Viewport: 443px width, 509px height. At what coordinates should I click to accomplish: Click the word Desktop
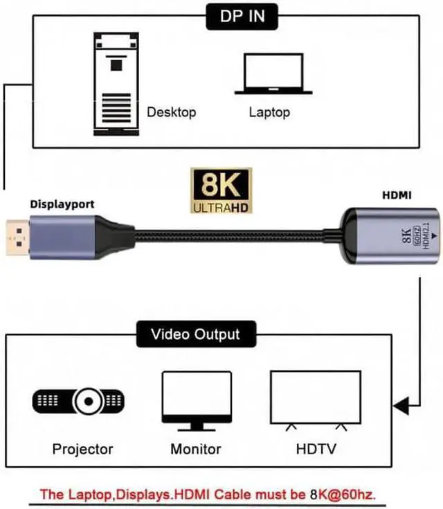[x=172, y=111]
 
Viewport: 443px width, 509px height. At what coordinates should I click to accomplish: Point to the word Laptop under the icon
[x=269, y=111]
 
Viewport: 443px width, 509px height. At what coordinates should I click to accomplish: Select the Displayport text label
[x=62, y=204]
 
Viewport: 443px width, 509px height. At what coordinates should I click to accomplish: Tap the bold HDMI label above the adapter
[x=397, y=197]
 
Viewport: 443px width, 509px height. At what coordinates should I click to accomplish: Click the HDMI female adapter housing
[x=391, y=238]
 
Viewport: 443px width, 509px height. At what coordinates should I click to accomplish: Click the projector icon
[x=79, y=401]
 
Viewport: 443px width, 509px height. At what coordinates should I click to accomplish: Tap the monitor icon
[x=196, y=400]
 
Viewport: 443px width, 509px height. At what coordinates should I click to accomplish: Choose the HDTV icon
[x=315, y=400]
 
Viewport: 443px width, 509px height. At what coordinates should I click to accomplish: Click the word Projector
[x=83, y=449]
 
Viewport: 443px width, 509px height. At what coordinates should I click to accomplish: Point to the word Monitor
[x=196, y=449]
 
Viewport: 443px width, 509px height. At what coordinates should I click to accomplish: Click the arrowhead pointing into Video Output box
[x=401, y=404]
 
